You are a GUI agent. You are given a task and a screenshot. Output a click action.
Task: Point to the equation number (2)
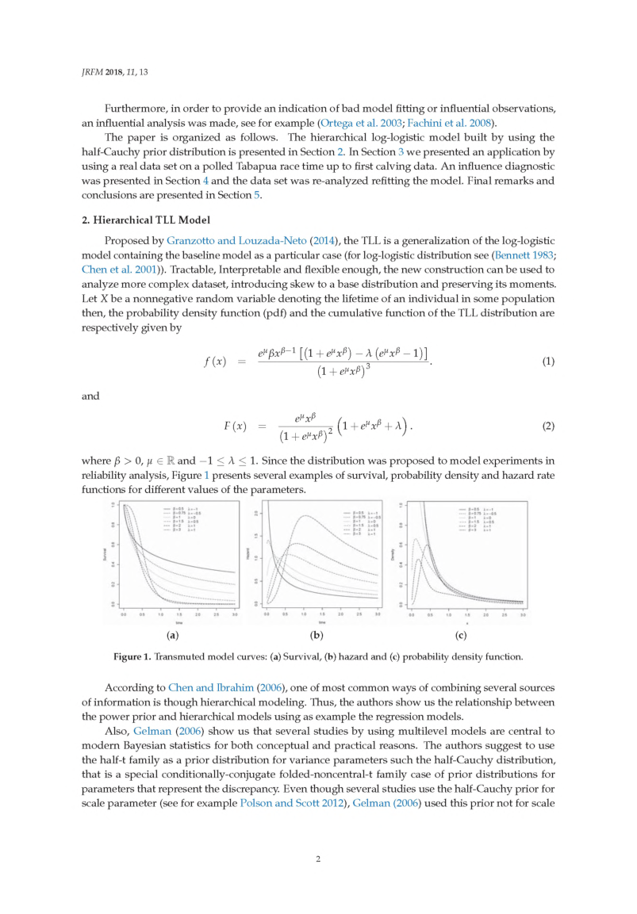[547, 426]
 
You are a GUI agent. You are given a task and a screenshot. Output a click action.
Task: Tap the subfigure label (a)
[173, 635]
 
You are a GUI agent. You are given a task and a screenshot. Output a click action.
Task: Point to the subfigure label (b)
[317, 635]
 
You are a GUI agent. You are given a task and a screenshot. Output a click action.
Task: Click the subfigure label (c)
[461, 635]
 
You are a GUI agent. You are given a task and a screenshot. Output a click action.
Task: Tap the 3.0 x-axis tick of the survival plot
[234, 614]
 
